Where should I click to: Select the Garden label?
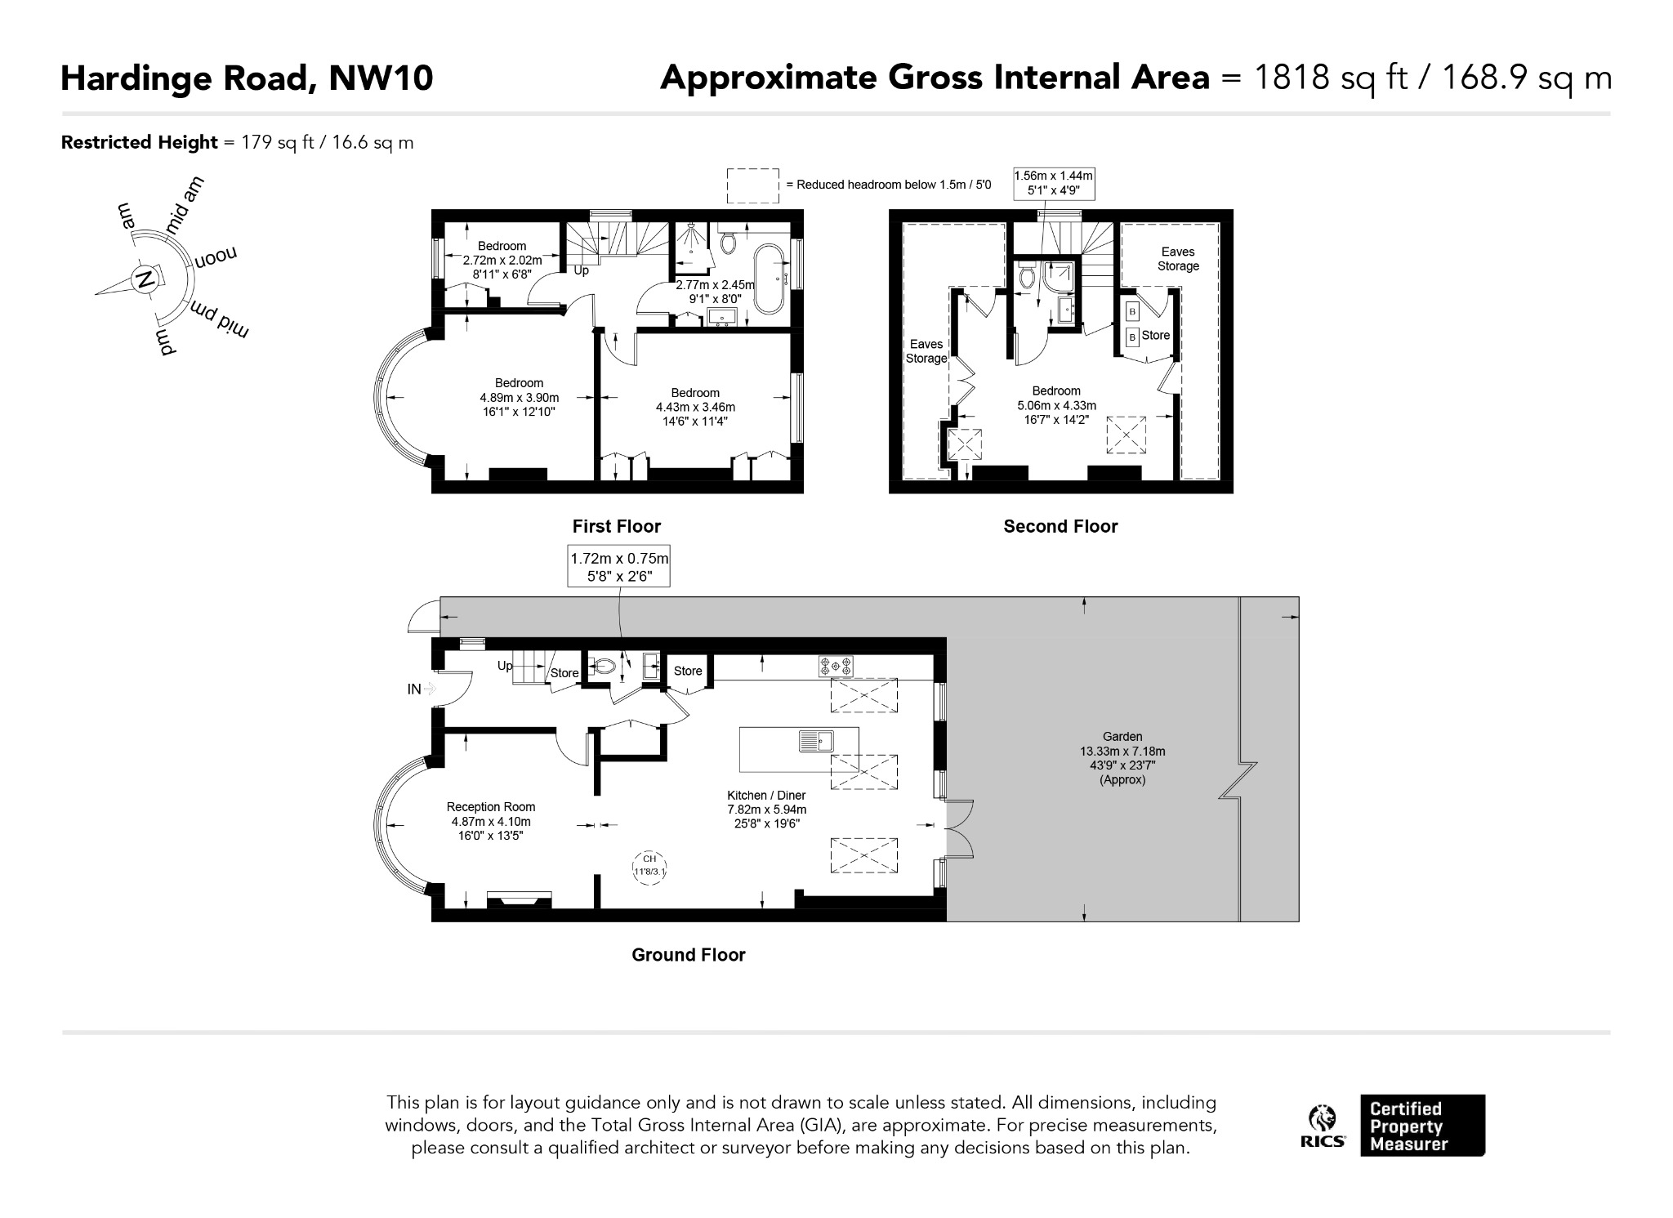click(x=1122, y=736)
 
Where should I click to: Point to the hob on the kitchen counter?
click(x=836, y=666)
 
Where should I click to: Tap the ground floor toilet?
click(x=602, y=666)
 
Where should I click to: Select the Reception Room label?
click(x=490, y=807)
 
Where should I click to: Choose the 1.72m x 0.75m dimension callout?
click(x=619, y=566)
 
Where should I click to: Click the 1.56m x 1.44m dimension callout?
click(x=1054, y=184)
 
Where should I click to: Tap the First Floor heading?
click(x=617, y=527)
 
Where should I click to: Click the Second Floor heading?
click(x=1060, y=527)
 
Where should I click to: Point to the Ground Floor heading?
click(x=689, y=955)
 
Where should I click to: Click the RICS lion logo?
click(x=1323, y=1127)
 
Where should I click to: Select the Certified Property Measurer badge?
click(x=1422, y=1125)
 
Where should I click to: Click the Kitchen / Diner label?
click(x=766, y=796)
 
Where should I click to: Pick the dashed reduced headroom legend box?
click(x=752, y=185)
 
